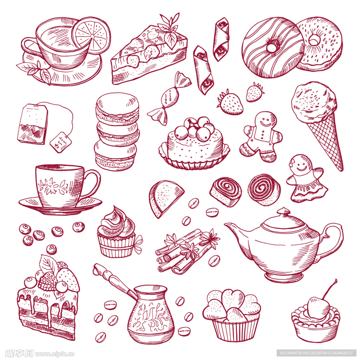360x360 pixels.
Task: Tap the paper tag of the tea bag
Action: click(60, 142)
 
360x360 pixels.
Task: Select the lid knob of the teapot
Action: click(283, 211)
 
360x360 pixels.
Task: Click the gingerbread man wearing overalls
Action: click(261, 137)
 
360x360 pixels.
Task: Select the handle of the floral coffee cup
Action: click(92, 183)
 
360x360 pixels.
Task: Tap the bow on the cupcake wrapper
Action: click(138, 243)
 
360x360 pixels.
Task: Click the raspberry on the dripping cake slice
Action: click(48, 281)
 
